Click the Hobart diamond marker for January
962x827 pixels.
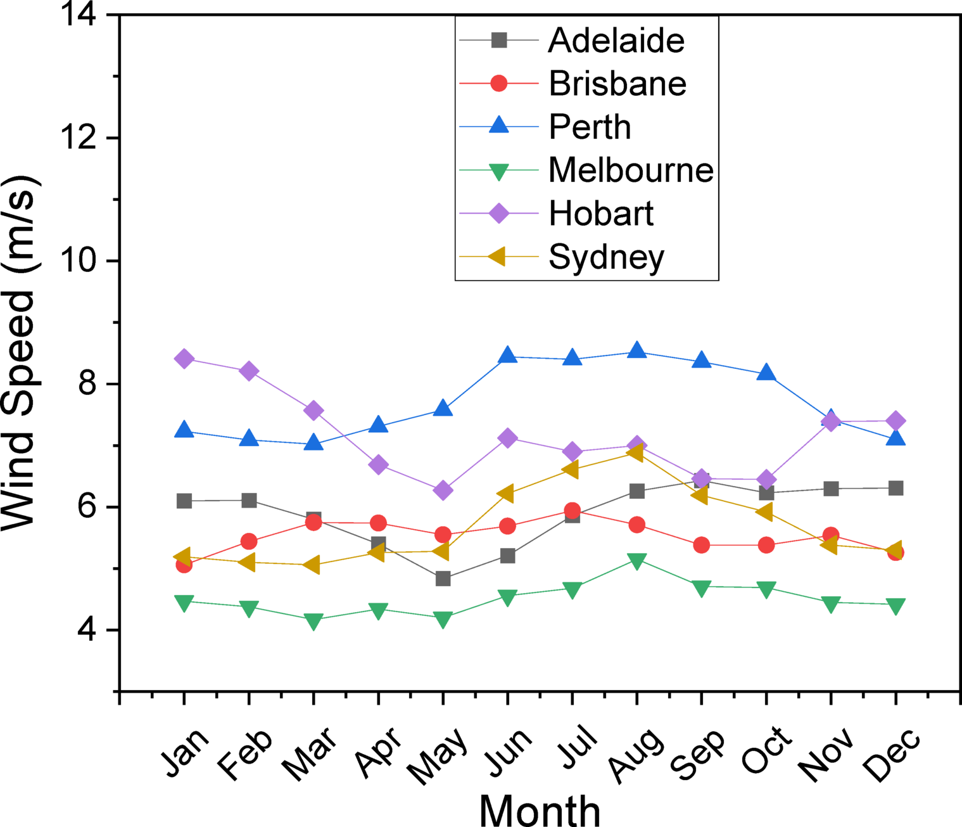pyautogui.click(x=184, y=359)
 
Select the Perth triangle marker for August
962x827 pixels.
pyautogui.click(x=636, y=351)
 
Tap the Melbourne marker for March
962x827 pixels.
pyautogui.click(x=313, y=621)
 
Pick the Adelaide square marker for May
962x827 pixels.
pyautogui.click(x=443, y=579)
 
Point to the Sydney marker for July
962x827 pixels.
pyautogui.click(x=571, y=469)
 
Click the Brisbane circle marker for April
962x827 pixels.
pyautogui.click(x=378, y=523)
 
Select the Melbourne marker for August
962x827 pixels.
pyautogui.click(x=636, y=561)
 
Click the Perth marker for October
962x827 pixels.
pyautogui.click(x=766, y=373)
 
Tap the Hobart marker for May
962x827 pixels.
pyautogui.click(x=443, y=490)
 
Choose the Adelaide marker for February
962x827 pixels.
pyautogui.click(x=249, y=501)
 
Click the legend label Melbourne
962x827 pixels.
pyautogui.click(x=631, y=170)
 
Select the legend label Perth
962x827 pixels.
pyautogui.click(x=590, y=127)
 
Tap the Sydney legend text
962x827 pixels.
pyautogui.click(x=606, y=257)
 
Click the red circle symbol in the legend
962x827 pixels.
pyautogui.click(x=499, y=83)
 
